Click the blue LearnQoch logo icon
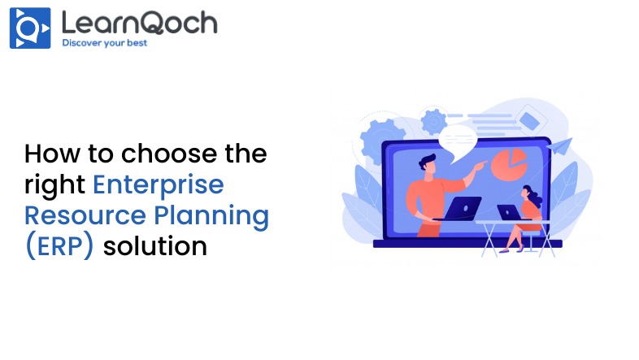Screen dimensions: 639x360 [x=30, y=28]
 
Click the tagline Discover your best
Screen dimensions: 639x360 [x=104, y=43]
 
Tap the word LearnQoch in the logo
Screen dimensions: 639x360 [x=139, y=23]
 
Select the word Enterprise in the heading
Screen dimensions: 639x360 [x=159, y=185]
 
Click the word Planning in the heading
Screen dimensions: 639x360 [x=211, y=216]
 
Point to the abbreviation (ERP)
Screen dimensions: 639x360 [x=59, y=246]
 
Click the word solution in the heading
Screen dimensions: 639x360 [x=155, y=246]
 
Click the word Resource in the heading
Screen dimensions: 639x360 [x=85, y=215]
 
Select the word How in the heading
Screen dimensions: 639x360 [x=52, y=154]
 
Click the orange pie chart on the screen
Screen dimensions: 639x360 [x=509, y=163]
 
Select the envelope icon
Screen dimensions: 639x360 [x=529, y=120]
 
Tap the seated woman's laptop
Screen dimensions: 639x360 [x=509, y=213]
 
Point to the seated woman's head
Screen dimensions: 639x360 [x=528, y=194]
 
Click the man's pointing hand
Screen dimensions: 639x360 [x=480, y=165]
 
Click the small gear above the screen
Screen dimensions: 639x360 [x=433, y=121]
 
